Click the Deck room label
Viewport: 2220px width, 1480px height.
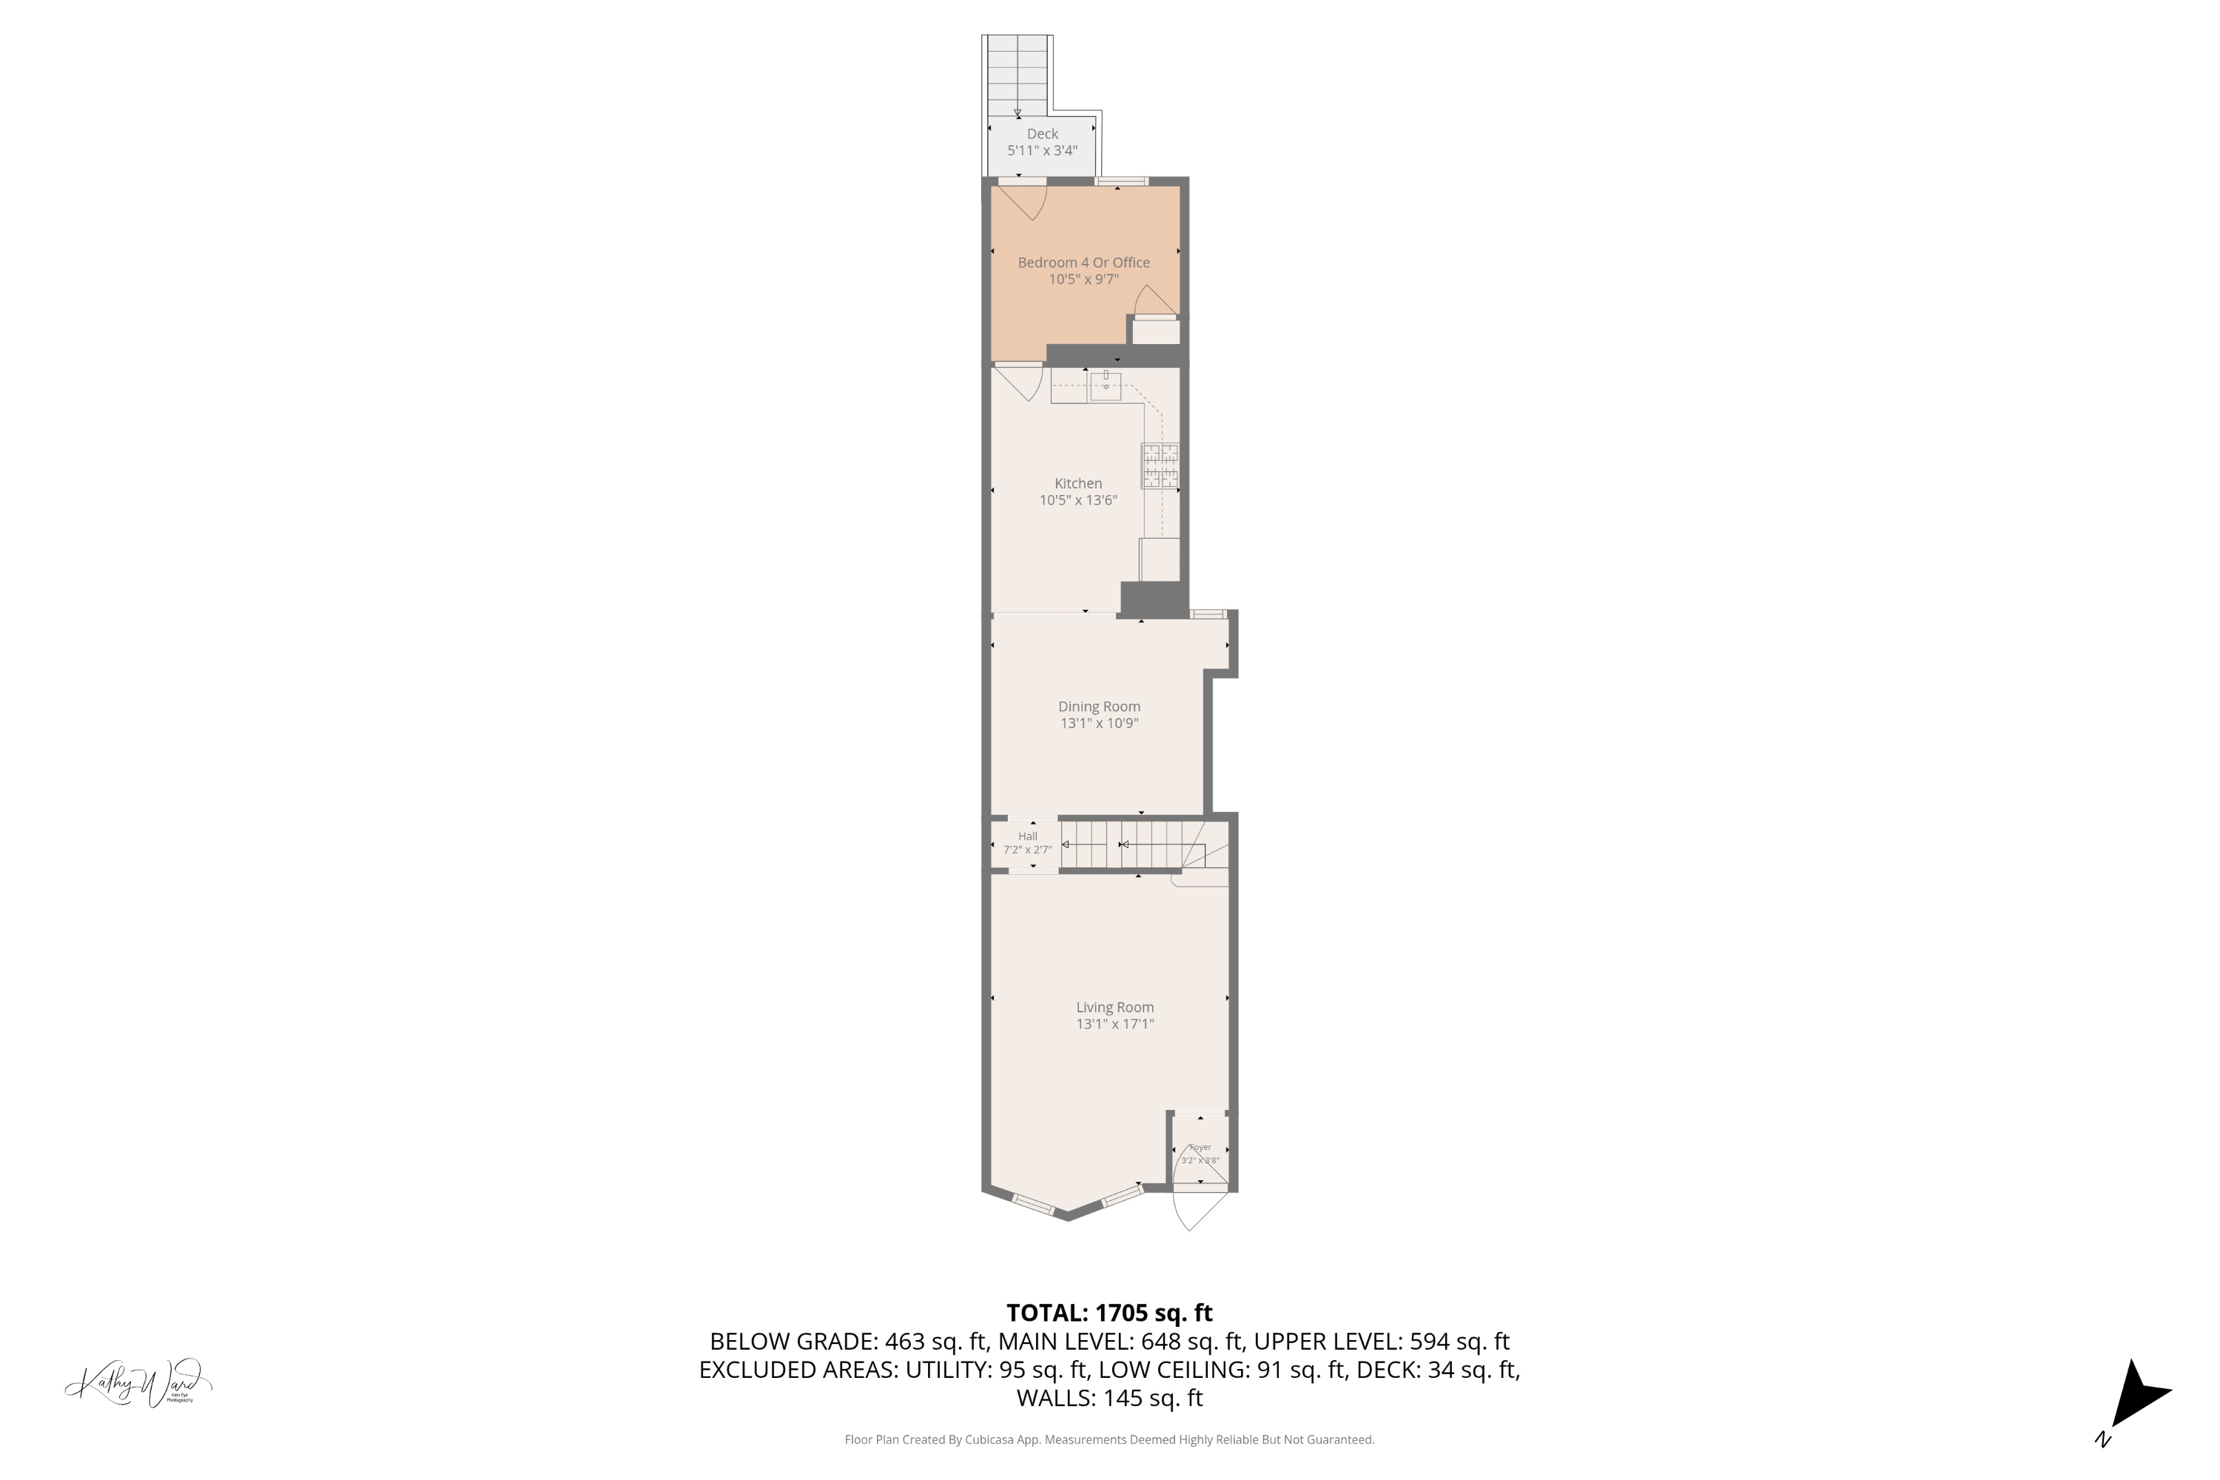[1042, 134]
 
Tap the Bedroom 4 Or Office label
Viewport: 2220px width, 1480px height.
[1083, 263]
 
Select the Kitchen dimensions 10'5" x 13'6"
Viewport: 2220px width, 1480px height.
[1078, 500]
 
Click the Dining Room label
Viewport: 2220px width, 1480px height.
[1099, 706]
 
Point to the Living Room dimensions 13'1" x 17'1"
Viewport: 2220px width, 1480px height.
[1114, 1024]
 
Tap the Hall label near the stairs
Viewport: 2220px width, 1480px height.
[1027, 836]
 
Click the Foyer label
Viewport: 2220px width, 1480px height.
[1200, 1147]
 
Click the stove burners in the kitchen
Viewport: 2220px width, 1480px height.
[1160, 466]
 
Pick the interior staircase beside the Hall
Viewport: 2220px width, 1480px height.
[1121, 844]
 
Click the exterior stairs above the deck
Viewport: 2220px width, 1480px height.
[1017, 73]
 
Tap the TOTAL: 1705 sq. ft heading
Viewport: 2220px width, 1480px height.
[1109, 1313]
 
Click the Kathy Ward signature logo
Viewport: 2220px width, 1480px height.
[138, 1384]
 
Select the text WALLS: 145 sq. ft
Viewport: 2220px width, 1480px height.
[1109, 1398]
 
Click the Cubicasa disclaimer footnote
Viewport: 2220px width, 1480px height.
[1109, 1439]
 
